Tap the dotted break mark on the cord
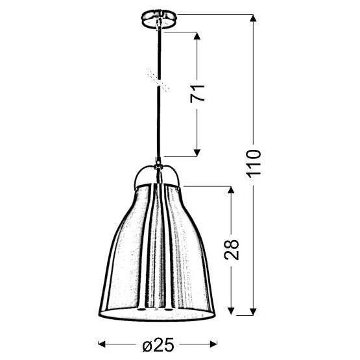157,78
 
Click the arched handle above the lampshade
158,171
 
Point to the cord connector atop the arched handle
157,162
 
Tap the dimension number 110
254,165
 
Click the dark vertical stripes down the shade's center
158,246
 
